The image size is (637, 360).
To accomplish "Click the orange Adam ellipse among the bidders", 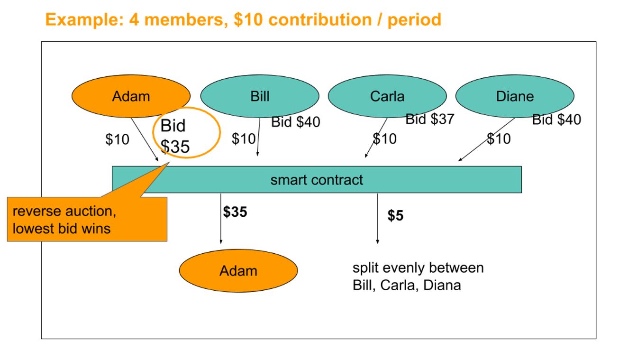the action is (x=131, y=96).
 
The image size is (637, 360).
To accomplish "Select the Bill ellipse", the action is (x=260, y=96).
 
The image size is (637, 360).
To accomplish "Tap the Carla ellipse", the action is (x=387, y=96).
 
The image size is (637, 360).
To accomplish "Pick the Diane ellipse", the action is (x=515, y=96).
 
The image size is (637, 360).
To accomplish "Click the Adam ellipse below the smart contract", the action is (x=238, y=271).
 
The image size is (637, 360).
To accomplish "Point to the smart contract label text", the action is (x=317, y=180).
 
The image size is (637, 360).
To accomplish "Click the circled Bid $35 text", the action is (x=174, y=136).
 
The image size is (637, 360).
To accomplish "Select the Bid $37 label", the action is (x=430, y=119).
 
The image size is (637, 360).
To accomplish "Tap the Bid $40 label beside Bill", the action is (x=295, y=122).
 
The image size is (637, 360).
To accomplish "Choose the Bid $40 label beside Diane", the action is (x=556, y=120).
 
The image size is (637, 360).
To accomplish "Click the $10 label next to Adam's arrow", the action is (x=117, y=139).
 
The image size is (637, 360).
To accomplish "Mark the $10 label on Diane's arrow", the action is (x=499, y=138).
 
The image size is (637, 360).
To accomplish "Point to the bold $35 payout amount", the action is (x=235, y=212).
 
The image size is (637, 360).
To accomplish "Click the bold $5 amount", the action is (x=395, y=215).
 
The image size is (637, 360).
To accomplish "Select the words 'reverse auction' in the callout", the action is (x=64, y=212).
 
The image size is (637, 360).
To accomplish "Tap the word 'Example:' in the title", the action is (x=85, y=20).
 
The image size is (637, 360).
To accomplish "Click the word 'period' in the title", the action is (x=414, y=20).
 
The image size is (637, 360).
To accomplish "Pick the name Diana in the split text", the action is (x=442, y=285).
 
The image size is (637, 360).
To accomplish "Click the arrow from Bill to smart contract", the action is (x=258, y=137).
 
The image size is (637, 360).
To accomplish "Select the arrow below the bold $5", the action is (x=378, y=218).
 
